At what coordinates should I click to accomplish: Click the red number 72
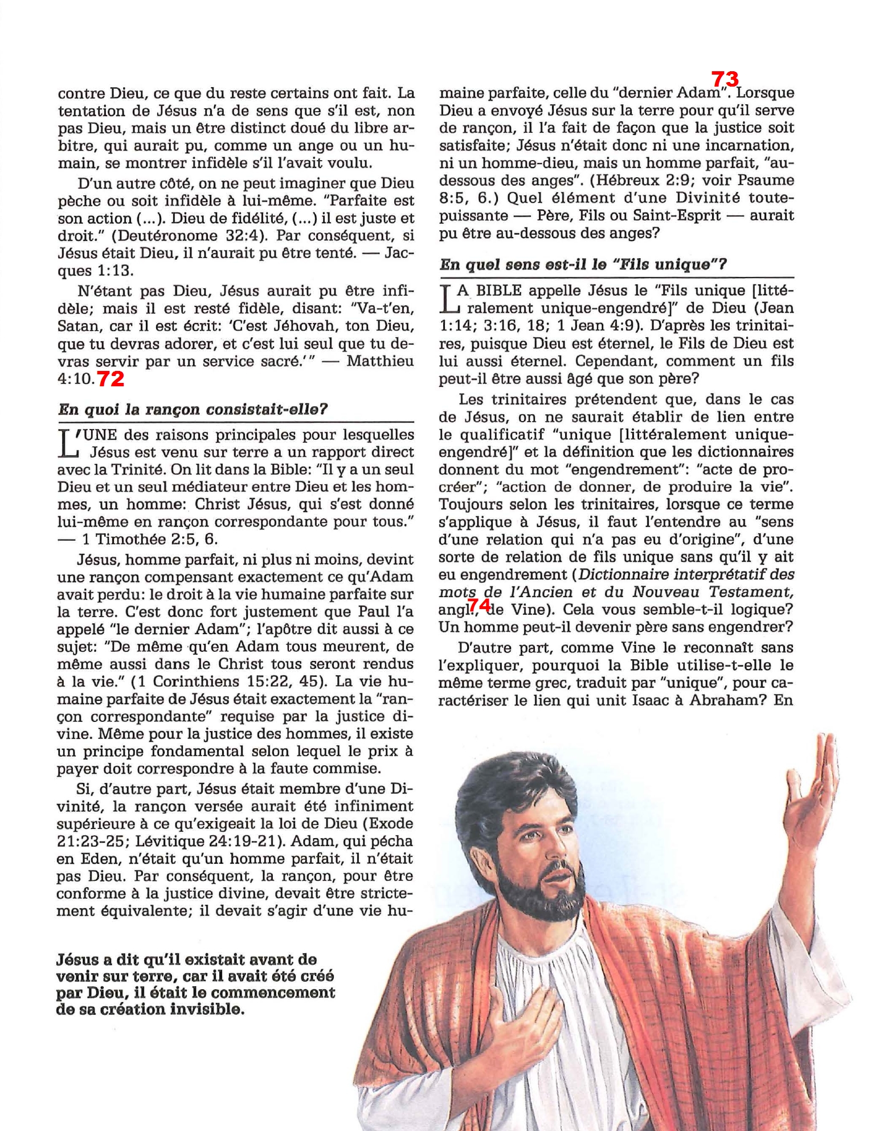click(x=111, y=378)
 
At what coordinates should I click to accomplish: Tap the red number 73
click(x=725, y=79)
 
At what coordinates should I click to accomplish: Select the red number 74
click(x=479, y=605)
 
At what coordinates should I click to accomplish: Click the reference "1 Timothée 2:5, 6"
click(x=150, y=540)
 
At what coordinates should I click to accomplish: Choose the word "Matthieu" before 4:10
click(x=380, y=361)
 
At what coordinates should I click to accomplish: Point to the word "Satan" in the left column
click(x=79, y=326)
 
